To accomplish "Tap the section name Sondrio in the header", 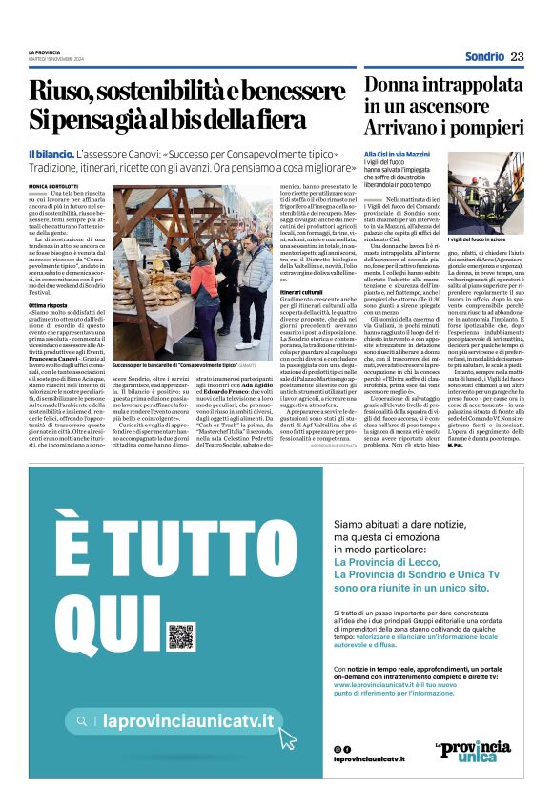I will pos(484,57).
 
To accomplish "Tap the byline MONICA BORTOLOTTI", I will pos(55,186).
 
